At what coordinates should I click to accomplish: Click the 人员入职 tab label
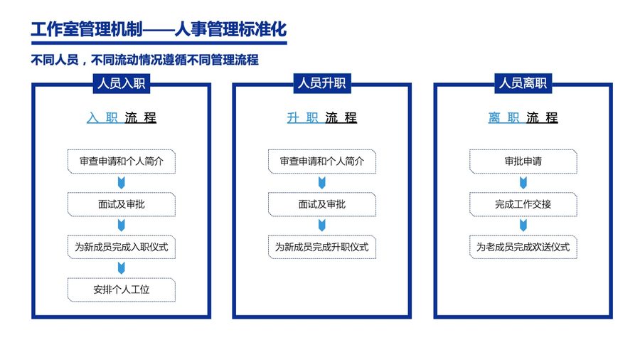[121, 84]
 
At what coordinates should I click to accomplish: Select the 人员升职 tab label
[322, 84]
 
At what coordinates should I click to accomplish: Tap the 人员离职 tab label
[523, 84]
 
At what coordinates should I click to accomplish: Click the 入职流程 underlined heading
[121, 118]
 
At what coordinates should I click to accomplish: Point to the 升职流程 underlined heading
[322, 118]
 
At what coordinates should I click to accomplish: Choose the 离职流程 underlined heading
[523, 118]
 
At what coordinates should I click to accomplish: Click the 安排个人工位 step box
[121, 290]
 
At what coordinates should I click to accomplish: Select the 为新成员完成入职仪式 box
[121, 247]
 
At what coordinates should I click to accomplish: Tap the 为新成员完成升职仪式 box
[322, 247]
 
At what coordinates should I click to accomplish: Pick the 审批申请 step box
[523, 162]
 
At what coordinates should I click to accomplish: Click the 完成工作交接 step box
[523, 204]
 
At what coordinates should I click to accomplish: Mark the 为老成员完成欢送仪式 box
[523, 247]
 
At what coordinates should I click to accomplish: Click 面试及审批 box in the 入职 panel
[121, 204]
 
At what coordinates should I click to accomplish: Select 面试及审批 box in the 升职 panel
[322, 204]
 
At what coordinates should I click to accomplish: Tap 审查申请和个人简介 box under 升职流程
[322, 162]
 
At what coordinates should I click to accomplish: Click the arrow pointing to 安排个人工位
[121, 268]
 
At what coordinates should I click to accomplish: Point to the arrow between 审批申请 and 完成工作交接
[523, 183]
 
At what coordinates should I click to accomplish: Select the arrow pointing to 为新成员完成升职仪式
[322, 226]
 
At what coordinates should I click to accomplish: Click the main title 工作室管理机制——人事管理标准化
[159, 29]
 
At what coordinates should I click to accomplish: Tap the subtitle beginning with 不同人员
[144, 60]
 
